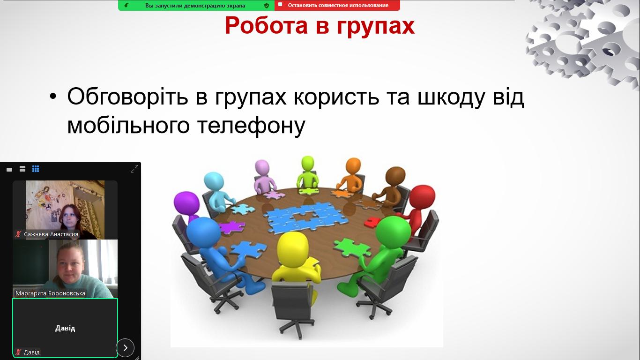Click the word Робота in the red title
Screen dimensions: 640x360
click(x=266, y=25)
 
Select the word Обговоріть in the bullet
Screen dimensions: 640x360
click(x=127, y=97)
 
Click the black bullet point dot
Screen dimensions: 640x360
click(x=53, y=97)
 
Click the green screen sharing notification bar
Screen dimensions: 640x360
click(x=196, y=6)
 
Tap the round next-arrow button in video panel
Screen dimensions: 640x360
click(x=125, y=347)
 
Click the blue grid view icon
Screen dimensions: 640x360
click(x=36, y=169)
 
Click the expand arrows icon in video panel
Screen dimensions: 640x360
click(x=134, y=169)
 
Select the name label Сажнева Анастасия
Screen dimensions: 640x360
click(x=51, y=234)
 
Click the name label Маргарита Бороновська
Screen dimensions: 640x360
click(x=50, y=293)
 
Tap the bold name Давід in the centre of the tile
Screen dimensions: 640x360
click(x=65, y=328)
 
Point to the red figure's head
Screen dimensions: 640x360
click(x=422, y=198)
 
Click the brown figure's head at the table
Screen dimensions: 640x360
click(x=395, y=176)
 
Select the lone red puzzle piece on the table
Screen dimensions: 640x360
click(x=372, y=222)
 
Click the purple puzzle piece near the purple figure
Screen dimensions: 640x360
click(x=232, y=227)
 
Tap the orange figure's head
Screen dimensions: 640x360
click(x=353, y=166)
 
